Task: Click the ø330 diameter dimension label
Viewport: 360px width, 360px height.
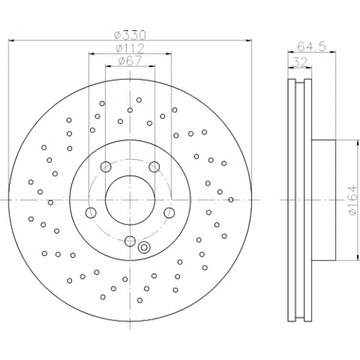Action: [x=130, y=36]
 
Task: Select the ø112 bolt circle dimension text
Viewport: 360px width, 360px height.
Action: [x=130, y=49]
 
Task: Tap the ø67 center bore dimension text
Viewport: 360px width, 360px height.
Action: [x=130, y=61]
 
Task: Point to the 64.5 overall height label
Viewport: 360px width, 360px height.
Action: [x=312, y=47]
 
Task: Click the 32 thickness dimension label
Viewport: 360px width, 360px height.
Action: [x=300, y=63]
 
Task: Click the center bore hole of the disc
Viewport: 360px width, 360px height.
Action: [x=130, y=200]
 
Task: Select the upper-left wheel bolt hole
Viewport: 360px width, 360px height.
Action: [x=106, y=166]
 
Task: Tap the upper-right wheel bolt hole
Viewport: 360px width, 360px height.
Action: [x=154, y=166]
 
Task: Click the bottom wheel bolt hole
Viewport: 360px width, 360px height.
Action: [x=130, y=241]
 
